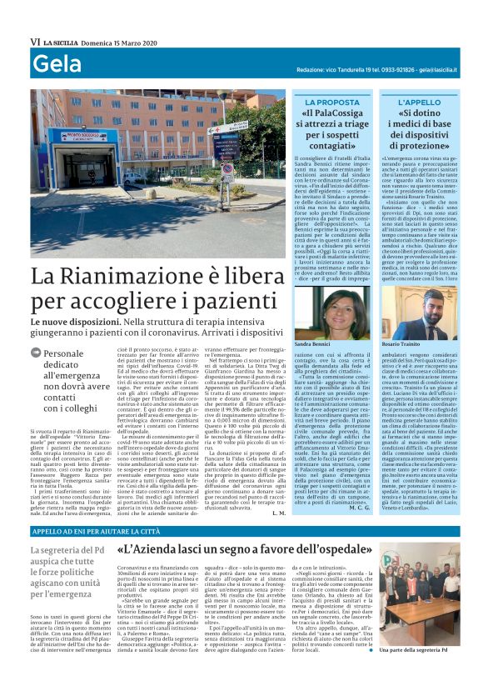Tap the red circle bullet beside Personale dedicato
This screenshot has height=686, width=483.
(x=37, y=353)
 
